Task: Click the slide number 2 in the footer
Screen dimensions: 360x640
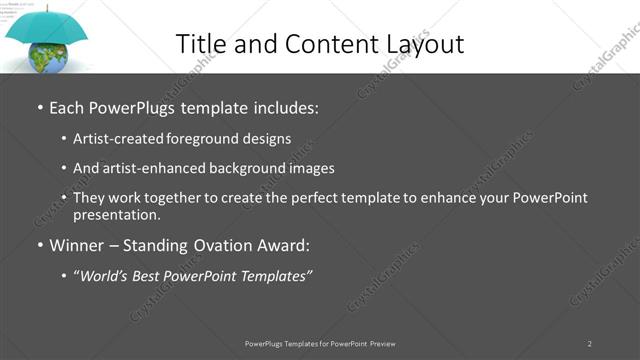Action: click(x=590, y=343)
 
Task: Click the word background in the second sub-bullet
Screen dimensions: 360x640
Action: click(x=245, y=168)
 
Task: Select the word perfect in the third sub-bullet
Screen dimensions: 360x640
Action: click(x=326, y=198)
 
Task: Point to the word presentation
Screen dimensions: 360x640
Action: click(x=116, y=215)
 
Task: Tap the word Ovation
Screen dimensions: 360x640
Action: click(x=223, y=245)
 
